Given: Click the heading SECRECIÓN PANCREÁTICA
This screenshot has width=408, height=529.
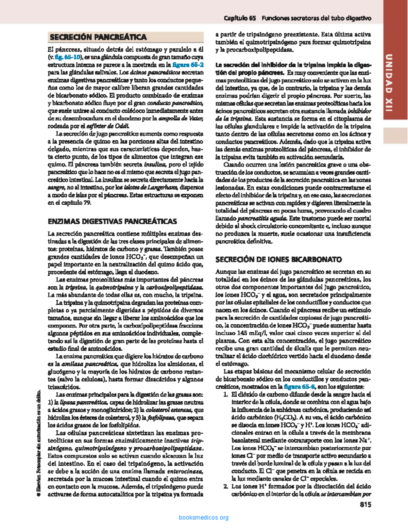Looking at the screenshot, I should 98,37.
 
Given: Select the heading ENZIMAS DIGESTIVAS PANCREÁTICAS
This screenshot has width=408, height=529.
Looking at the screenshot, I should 112,222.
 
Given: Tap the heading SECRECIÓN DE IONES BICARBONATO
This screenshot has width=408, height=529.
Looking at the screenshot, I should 278,260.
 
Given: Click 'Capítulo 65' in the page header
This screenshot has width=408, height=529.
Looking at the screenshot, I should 240,18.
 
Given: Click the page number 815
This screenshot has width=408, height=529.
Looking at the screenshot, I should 365,504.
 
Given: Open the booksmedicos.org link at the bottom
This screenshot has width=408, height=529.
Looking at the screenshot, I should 204,517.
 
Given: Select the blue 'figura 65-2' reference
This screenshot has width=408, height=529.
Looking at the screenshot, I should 188,65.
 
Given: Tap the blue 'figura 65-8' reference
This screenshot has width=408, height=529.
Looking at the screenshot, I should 299,387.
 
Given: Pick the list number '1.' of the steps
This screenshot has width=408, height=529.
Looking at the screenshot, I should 225,395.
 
